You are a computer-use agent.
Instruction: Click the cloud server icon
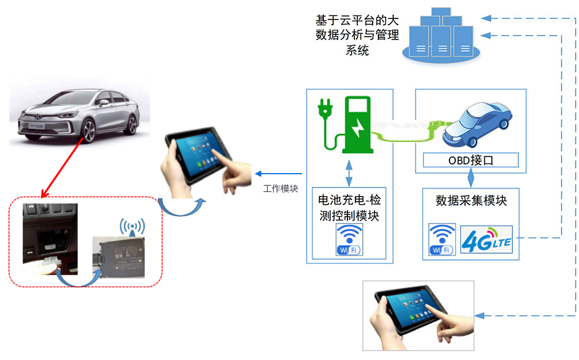pos(439,37)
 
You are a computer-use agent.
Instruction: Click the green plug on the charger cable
pos(326,109)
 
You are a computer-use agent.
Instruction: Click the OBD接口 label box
pos(470,160)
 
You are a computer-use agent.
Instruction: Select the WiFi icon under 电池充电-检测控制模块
pos(350,240)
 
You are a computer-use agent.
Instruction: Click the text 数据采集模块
pos(471,201)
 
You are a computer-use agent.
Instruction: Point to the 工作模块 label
pos(280,188)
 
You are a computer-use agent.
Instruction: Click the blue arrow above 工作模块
pos(278,174)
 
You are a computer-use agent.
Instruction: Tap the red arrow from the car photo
pos(62,166)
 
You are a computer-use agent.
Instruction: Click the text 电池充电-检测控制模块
pos(349,208)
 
